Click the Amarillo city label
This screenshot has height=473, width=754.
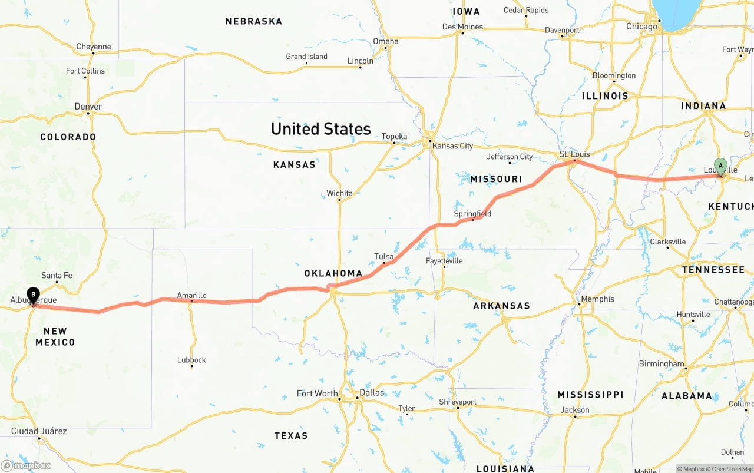pyautogui.click(x=191, y=295)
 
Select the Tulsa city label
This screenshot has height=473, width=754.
pyautogui.click(x=383, y=256)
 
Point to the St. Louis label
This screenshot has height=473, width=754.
pyautogui.click(x=574, y=154)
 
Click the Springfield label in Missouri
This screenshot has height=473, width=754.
pyautogui.click(x=472, y=213)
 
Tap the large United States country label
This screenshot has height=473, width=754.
pyautogui.click(x=320, y=128)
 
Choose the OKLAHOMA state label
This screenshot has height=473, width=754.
pyautogui.click(x=333, y=273)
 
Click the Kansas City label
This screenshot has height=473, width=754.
pyautogui.click(x=452, y=145)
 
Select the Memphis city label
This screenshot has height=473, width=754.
pyautogui.click(x=597, y=299)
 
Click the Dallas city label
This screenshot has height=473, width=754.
pyautogui.click(x=372, y=393)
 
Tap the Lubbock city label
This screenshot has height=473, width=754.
pyautogui.click(x=191, y=359)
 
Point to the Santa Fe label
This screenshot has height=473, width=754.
pyautogui.click(x=57, y=275)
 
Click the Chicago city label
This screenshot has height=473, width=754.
pyautogui.click(x=641, y=27)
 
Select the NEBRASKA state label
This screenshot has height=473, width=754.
pyautogui.click(x=253, y=21)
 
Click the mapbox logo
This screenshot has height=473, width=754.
pyautogui.click(x=26, y=465)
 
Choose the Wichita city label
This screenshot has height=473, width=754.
pyautogui.click(x=339, y=193)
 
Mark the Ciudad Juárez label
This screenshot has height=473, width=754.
pyautogui.click(x=38, y=431)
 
